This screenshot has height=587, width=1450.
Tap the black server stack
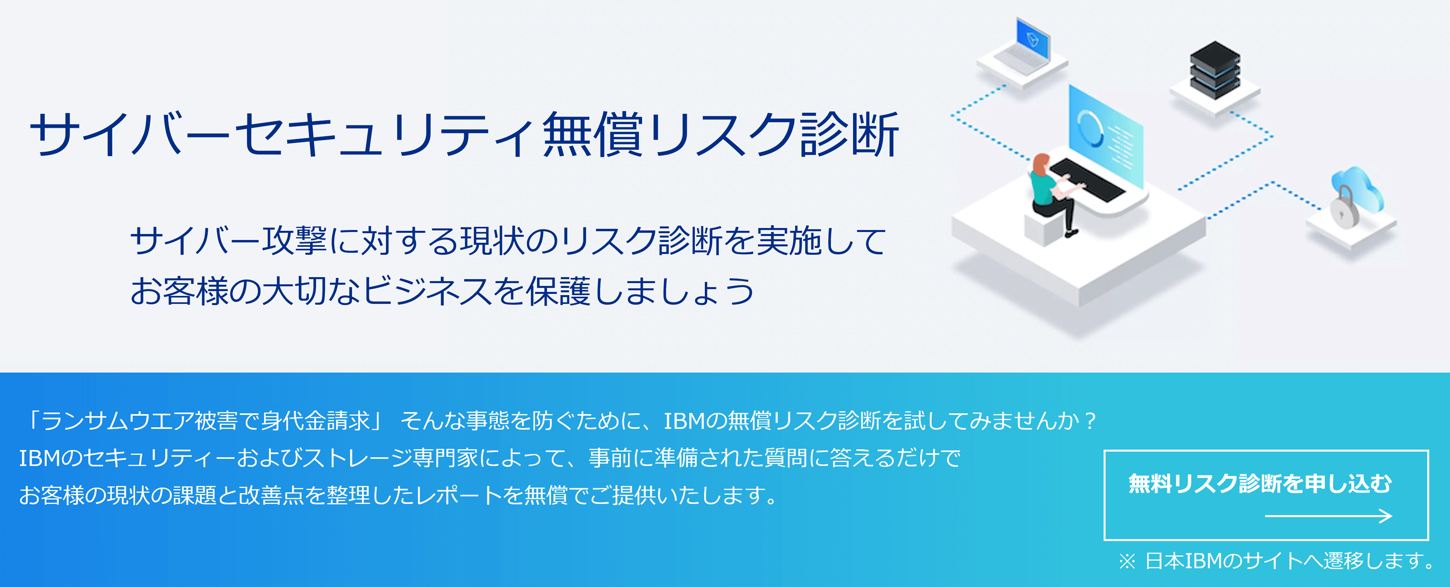(x=1215, y=70)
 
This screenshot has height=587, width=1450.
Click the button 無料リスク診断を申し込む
(x=1266, y=495)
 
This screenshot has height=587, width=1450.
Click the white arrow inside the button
(x=1328, y=515)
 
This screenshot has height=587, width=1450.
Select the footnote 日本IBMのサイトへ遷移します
(x=1289, y=561)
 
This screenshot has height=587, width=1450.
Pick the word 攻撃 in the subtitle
(x=294, y=241)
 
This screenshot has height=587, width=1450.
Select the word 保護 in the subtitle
(x=558, y=291)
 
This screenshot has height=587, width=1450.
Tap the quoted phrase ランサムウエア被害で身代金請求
(x=206, y=421)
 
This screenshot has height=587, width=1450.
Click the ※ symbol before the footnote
(x=1127, y=561)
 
